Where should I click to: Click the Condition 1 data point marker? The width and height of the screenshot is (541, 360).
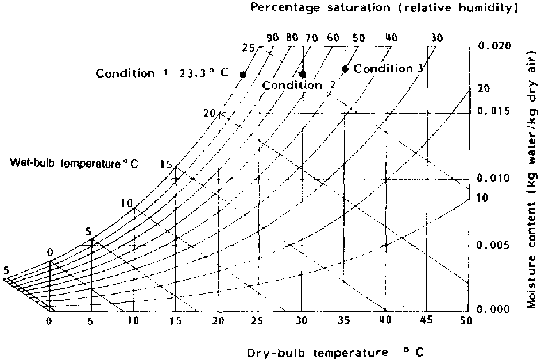243,75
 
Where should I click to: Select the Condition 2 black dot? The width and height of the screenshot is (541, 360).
303,74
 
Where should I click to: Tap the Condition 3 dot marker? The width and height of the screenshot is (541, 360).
345,69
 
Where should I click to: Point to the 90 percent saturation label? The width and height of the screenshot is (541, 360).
273,38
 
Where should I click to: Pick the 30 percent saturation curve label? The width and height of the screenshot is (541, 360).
436,38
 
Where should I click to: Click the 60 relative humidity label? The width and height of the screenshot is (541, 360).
333,38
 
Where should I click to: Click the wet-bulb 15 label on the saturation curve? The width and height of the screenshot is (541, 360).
166,165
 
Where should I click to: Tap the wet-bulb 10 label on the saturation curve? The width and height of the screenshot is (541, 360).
127,203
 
